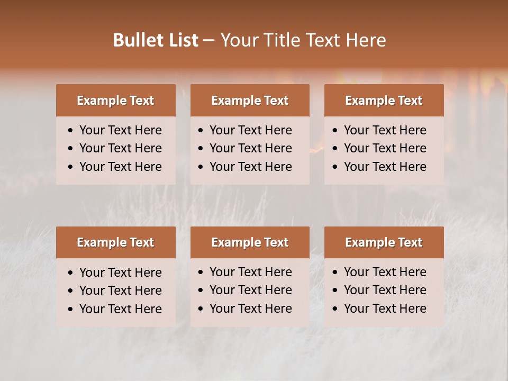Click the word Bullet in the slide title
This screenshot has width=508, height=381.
pos(135,40)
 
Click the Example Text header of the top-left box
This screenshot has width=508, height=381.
pos(115,101)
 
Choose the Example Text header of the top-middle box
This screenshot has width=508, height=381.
pos(250,101)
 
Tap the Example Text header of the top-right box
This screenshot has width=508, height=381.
pos(384,101)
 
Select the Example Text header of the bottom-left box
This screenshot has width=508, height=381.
pos(115,242)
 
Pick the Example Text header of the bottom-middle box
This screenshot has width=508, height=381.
pos(250,242)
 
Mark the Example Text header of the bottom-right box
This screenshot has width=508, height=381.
pos(384,242)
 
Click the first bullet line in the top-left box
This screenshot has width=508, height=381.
pos(120,130)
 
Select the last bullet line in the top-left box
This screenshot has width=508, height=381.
pos(120,167)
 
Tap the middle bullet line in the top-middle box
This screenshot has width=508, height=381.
pos(250,148)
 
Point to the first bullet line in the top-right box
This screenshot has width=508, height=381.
pos(385,130)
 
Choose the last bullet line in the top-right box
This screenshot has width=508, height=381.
pos(385,167)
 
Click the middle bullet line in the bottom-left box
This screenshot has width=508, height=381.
pos(120,291)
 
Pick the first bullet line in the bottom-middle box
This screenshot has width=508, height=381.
pos(250,272)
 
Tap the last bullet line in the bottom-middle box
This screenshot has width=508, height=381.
pos(250,309)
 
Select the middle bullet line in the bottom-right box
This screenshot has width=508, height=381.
pos(385,290)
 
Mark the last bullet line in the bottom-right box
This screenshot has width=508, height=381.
pos(385,309)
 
